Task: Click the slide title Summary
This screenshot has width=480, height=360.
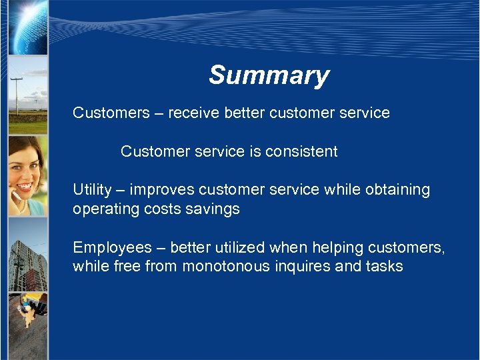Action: coord(269,75)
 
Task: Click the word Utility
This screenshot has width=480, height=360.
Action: coord(92,190)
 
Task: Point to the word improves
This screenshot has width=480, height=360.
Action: coord(162,190)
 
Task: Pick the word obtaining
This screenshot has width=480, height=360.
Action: coord(397,190)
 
